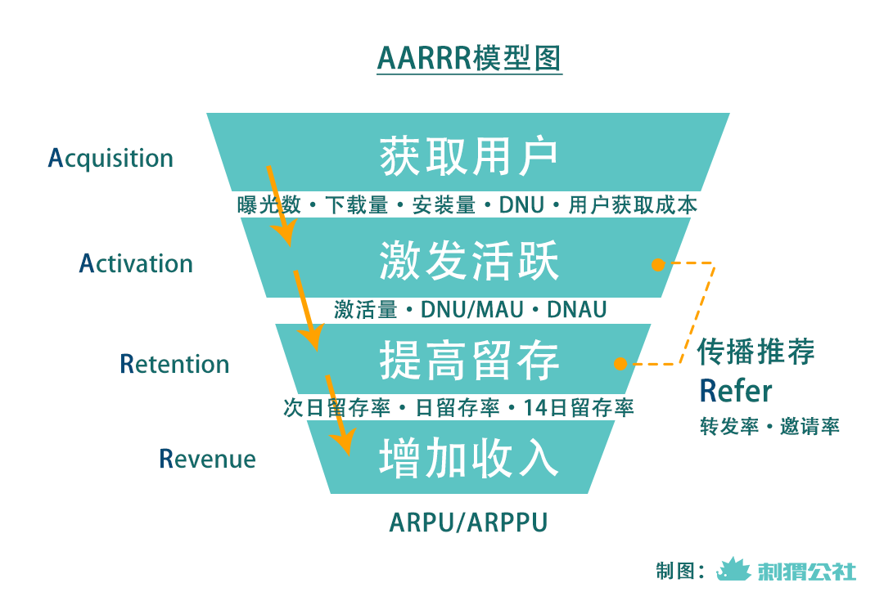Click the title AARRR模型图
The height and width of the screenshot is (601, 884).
469,60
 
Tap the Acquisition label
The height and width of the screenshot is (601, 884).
110,158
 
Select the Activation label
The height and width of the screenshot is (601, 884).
136,263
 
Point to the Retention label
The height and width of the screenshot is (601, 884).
174,364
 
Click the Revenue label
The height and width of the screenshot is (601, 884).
207,459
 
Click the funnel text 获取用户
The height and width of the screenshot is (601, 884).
468,155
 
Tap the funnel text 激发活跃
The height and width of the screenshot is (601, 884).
468,262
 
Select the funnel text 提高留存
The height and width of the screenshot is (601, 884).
468,361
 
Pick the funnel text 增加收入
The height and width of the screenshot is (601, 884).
468,458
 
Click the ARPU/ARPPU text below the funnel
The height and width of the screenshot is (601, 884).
468,523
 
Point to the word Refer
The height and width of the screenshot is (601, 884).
735,392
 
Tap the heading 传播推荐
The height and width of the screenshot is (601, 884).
755,352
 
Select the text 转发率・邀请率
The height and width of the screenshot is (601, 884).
769,427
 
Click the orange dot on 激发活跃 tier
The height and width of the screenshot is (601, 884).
656,264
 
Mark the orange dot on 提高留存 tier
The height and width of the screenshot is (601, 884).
620,363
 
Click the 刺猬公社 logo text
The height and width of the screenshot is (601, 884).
806,570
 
